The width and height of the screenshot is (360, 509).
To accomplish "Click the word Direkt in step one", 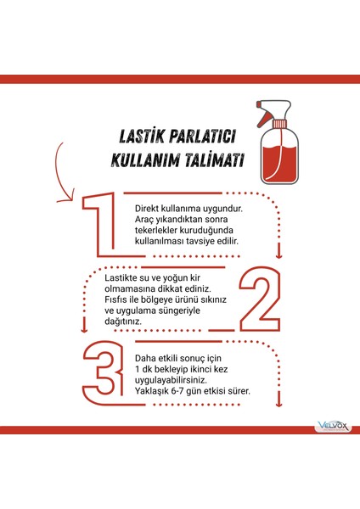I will (x=149, y=207).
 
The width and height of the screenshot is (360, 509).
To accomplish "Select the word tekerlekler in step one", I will (x=159, y=230).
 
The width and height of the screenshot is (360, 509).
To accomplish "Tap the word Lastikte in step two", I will (x=121, y=277).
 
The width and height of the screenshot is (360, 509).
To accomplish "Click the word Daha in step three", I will (x=149, y=358).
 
